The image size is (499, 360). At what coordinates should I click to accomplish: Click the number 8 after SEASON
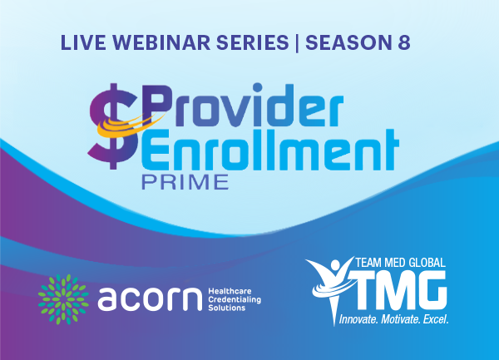click(404, 42)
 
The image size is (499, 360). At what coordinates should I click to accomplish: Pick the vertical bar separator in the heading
click(297, 43)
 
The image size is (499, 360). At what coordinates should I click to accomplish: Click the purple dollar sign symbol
click(113, 126)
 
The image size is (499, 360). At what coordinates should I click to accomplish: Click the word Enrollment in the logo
click(269, 150)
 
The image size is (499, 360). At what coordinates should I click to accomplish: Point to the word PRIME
click(185, 182)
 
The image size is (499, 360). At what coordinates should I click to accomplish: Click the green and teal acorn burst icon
click(63, 299)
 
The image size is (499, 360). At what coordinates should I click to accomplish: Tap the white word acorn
click(150, 299)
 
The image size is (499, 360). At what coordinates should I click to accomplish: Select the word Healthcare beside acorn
click(230, 291)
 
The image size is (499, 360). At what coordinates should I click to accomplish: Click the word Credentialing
click(235, 299)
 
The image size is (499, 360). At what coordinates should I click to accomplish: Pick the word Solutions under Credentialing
click(226, 308)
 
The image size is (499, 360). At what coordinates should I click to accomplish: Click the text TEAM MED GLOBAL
click(400, 263)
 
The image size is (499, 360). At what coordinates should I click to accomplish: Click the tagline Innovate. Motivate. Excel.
click(393, 319)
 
